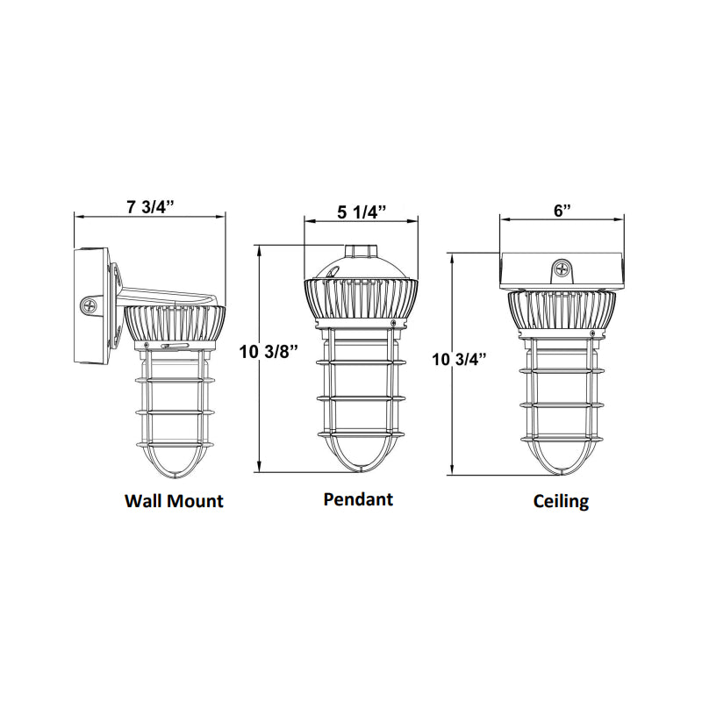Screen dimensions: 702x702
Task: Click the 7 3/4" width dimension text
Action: coord(150,207)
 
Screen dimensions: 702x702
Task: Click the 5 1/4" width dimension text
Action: coord(362,211)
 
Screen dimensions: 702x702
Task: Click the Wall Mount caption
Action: coord(174,501)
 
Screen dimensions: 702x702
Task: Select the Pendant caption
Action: coord(358,499)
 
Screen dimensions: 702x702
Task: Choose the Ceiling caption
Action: coord(561,502)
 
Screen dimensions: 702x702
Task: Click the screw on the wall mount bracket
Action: coord(90,305)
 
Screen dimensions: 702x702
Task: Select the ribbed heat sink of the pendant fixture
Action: coord(362,301)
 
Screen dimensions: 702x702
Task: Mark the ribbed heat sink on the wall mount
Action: coord(174,325)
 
